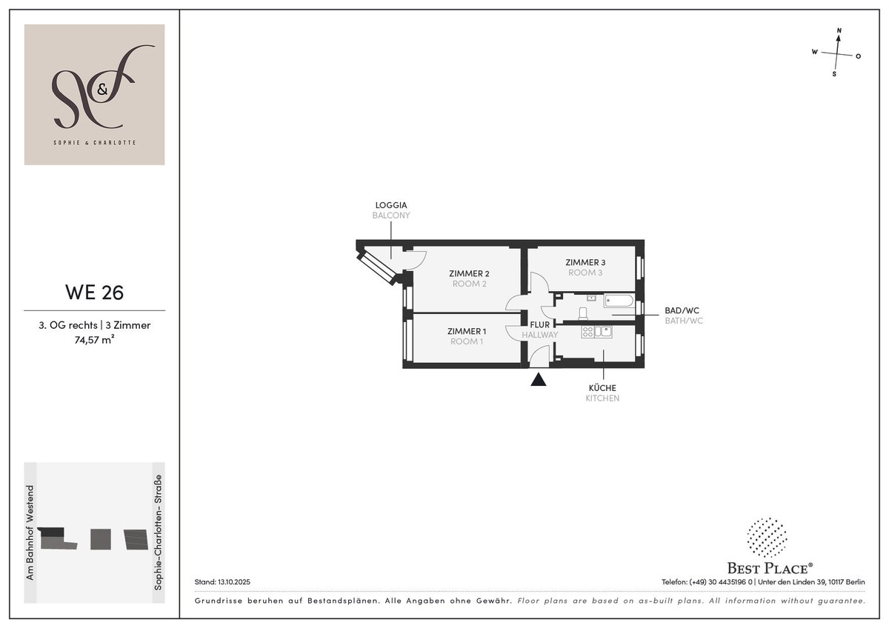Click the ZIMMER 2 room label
tap(469, 273)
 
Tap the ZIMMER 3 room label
tap(585, 262)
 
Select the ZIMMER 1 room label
tap(466, 331)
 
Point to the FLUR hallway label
tap(540, 324)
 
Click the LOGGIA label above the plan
tap(391, 205)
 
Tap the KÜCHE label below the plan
tap(602, 387)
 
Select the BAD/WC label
tap(682, 310)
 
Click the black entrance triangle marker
tap(539, 380)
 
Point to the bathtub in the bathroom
tap(619, 301)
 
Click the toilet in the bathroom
tap(583, 313)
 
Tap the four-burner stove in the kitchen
tap(587, 332)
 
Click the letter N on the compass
tap(839, 30)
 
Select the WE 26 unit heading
tap(95, 292)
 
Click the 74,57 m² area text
tap(95, 340)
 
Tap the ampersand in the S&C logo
tap(102, 90)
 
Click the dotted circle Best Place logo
tap(767, 538)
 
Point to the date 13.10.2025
tap(234, 582)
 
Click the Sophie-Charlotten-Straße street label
tap(159, 532)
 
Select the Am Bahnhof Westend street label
tap(30, 532)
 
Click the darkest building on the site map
tap(51, 532)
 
